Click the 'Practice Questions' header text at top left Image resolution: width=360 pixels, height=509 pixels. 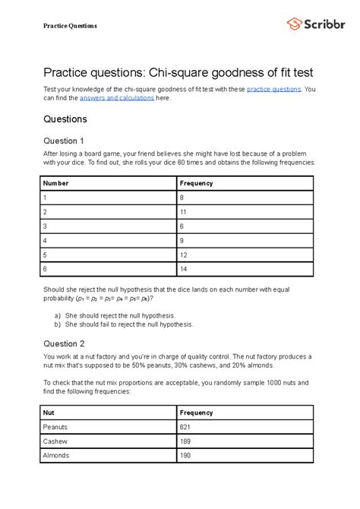(70, 26)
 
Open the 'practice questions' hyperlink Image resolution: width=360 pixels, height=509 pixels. (269, 89)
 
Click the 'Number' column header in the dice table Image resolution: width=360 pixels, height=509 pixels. (56, 183)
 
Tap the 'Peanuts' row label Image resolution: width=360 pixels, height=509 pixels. (56, 427)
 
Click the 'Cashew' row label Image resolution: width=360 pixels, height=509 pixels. (55, 441)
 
